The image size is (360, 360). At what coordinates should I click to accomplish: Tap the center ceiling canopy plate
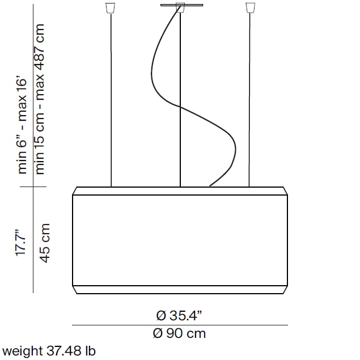pos(180,6)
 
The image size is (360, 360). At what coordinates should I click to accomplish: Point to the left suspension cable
pos(111,102)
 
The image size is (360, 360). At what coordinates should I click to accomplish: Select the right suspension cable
pos(249,102)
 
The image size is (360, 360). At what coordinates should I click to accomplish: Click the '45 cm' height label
pos(45,242)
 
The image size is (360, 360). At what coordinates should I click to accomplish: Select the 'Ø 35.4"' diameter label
pos(180,315)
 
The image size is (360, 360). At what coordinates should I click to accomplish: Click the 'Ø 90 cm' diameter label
pos(180,333)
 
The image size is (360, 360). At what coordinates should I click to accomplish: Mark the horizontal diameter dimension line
pos(180,325)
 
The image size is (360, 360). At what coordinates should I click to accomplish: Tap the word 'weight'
pos(19,351)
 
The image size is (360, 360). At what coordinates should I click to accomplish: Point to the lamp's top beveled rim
pos(180,190)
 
